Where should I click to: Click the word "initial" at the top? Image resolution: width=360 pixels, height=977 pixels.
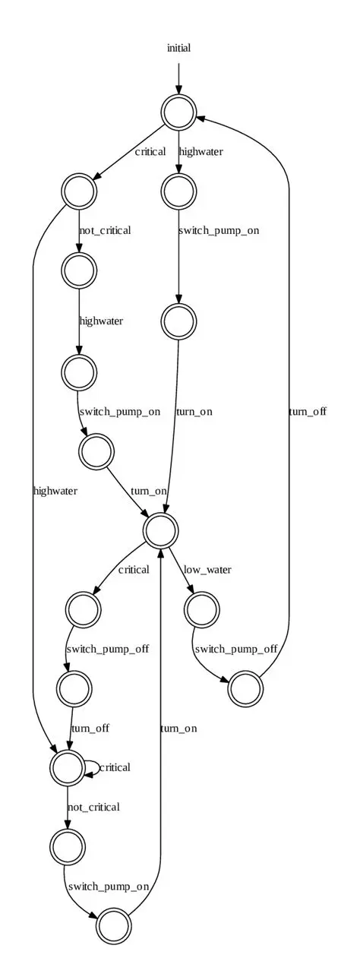(x=178, y=48)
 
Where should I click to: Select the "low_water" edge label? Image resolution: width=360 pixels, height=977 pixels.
(x=207, y=569)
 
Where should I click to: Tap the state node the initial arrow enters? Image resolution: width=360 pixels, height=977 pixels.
(x=179, y=113)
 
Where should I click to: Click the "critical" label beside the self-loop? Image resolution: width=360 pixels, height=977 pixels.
(x=114, y=767)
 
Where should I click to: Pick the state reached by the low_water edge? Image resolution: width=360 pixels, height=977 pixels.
(x=201, y=609)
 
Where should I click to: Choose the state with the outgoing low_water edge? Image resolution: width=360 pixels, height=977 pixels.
(x=160, y=530)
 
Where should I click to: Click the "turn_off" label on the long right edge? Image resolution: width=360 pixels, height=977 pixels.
(x=308, y=411)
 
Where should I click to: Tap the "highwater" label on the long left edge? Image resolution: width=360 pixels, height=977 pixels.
(x=55, y=491)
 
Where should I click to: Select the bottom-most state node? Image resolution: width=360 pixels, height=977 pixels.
(x=114, y=925)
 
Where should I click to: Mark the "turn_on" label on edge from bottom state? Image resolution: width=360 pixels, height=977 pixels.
(x=178, y=728)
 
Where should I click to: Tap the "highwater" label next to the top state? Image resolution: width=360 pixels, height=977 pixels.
(x=201, y=151)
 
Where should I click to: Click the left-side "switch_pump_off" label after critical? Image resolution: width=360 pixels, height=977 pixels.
(x=107, y=649)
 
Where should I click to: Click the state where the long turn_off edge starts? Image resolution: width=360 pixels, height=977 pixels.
(x=246, y=688)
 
